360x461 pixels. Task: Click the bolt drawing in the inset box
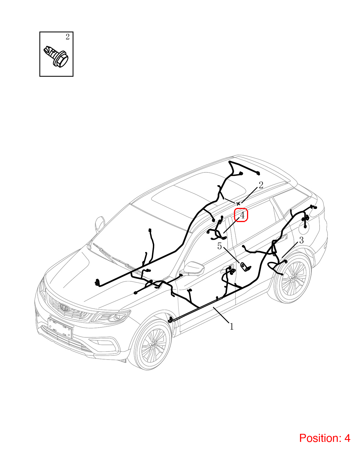tap(56, 56)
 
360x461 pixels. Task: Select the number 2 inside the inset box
tap(68, 37)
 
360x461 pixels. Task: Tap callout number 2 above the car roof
tap(261, 185)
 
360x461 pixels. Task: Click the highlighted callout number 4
tap(242, 215)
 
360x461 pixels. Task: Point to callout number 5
tap(220, 246)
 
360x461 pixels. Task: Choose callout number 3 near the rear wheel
tap(301, 240)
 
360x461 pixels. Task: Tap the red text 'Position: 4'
tap(325, 438)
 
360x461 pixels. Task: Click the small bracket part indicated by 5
tap(245, 267)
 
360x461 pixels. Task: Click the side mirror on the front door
tap(193, 269)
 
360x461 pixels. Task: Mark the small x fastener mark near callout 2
tap(238, 204)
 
